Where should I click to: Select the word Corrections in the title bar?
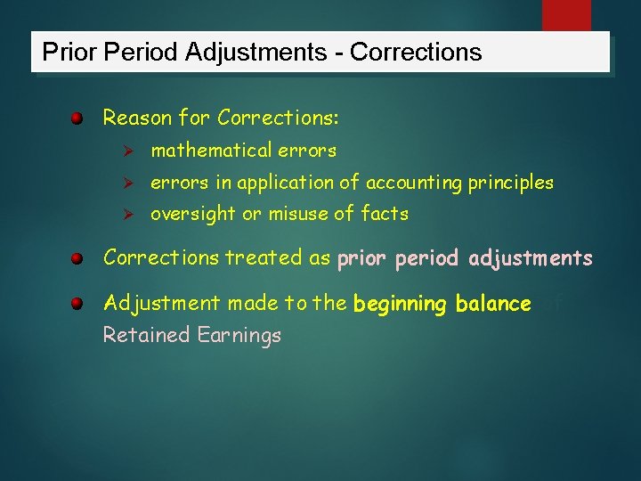pyautogui.click(x=416, y=53)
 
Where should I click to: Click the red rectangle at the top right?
pyautogui.click(x=566, y=15)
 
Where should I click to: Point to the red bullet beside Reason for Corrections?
pyautogui.click(x=78, y=118)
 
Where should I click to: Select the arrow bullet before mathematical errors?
pyautogui.click(x=126, y=151)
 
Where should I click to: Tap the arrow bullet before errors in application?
pyautogui.click(x=126, y=183)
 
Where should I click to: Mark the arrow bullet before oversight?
pyautogui.click(x=126, y=215)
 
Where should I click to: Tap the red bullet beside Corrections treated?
pyautogui.click(x=78, y=259)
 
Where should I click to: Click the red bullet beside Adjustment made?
pyautogui.click(x=78, y=304)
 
